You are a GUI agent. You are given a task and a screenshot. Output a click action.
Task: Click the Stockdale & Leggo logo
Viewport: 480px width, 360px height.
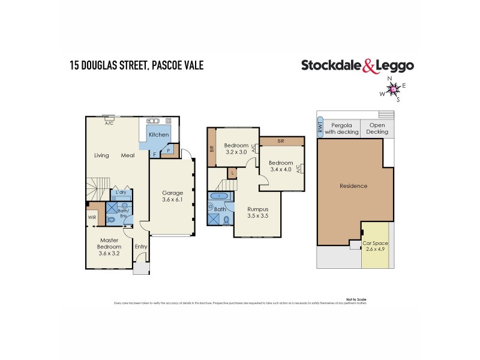[x=358, y=65]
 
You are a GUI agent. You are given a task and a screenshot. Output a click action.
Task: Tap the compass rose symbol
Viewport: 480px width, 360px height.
[x=393, y=89]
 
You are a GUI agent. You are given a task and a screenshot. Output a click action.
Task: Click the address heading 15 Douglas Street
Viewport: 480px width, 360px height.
[x=136, y=65]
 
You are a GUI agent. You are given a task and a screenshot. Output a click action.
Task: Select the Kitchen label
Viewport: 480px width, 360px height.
[x=159, y=135]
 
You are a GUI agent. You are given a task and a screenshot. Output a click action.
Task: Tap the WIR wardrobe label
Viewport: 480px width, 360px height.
[x=92, y=217]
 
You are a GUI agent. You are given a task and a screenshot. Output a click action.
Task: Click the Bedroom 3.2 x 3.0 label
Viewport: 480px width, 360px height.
[x=235, y=149]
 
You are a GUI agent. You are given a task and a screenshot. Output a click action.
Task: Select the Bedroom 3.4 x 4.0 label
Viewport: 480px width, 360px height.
[x=280, y=166]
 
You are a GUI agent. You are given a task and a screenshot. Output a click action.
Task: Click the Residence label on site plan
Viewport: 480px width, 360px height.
[x=353, y=186]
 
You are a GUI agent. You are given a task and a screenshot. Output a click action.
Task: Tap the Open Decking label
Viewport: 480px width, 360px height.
[x=377, y=128]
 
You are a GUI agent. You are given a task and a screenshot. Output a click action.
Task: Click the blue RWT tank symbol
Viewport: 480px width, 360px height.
[x=320, y=128]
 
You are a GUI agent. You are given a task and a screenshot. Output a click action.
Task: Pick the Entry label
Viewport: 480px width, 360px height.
[x=141, y=246]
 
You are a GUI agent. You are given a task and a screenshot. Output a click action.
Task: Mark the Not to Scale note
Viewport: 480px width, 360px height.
[x=356, y=299]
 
